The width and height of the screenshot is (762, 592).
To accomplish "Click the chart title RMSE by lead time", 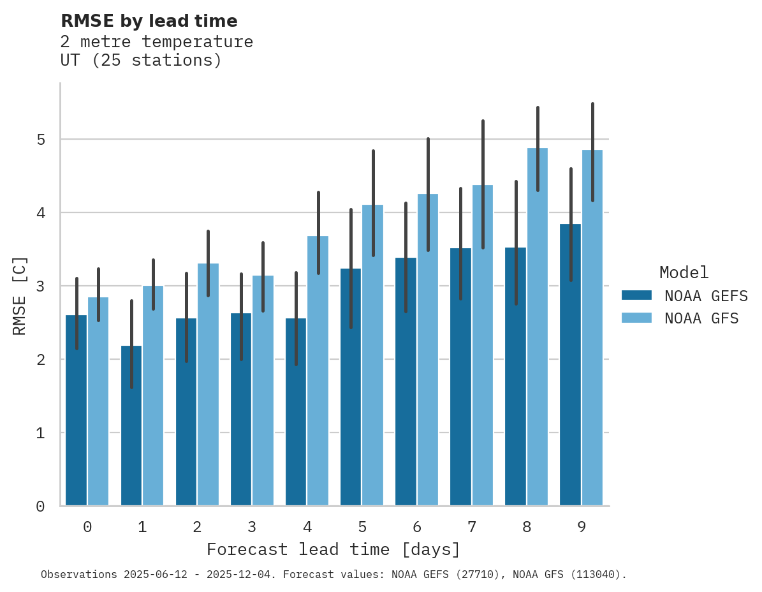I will click(x=149, y=21).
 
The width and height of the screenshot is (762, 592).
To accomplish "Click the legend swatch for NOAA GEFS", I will click(x=636, y=295).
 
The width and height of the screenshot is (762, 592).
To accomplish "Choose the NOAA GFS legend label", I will click(x=701, y=318).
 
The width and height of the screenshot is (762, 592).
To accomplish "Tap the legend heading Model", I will click(x=684, y=272).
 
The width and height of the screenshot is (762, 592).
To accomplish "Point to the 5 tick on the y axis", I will click(x=40, y=139).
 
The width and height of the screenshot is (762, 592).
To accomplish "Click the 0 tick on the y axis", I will click(x=40, y=507).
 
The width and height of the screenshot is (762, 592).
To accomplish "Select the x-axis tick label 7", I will click(x=472, y=527).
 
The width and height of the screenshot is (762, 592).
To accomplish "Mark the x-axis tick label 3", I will click(x=252, y=527).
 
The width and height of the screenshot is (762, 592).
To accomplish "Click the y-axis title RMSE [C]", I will click(x=20, y=295).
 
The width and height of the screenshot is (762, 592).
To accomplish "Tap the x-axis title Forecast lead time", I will click(x=333, y=549).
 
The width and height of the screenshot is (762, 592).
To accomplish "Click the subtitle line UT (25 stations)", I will click(x=141, y=61).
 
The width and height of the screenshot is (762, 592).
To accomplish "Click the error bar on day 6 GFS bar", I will click(x=428, y=194).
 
